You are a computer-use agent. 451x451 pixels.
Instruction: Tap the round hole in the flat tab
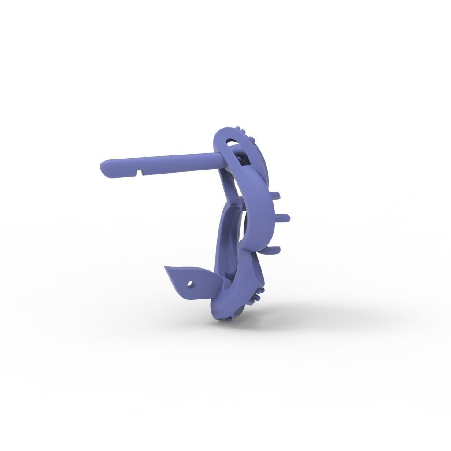[x=190, y=284]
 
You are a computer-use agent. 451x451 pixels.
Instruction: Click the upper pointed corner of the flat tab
[x=166, y=267]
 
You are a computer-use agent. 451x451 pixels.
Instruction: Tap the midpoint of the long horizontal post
[x=161, y=163]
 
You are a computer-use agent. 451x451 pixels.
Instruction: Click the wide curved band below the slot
[x=260, y=207]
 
